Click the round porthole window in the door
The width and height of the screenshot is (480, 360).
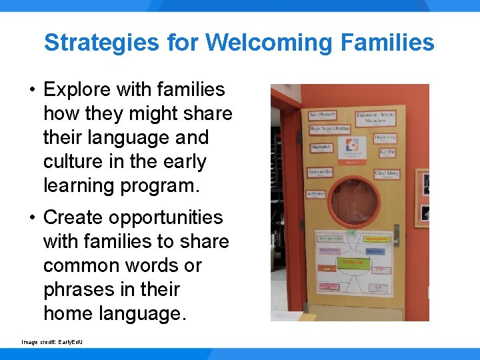coord(351,201)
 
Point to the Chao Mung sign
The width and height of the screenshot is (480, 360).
coord(386,174)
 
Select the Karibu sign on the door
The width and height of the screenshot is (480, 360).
coord(386,152)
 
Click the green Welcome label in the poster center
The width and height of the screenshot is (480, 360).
coord(353,262)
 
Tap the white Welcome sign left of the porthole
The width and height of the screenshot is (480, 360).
coord(316,195)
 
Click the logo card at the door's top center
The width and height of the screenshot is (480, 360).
coord(351,148)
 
